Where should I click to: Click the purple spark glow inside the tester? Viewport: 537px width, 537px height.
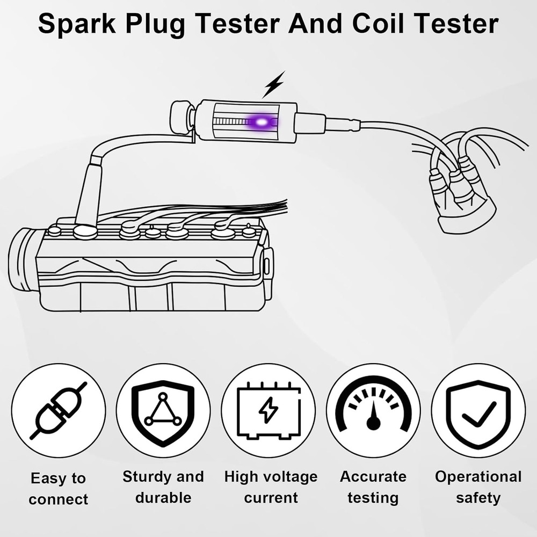pos(262,122)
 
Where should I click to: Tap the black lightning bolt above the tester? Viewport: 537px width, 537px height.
pos(274,85)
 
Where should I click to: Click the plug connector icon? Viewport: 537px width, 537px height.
pos(59,410)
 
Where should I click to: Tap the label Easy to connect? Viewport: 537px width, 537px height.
pos(58,488)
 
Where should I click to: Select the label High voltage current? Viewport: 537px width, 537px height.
pos(271,487)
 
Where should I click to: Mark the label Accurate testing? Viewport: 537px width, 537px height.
pos(373,487)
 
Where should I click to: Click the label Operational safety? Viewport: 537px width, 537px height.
pos(478,487)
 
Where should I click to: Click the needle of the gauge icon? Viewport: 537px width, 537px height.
pos(374,416)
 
